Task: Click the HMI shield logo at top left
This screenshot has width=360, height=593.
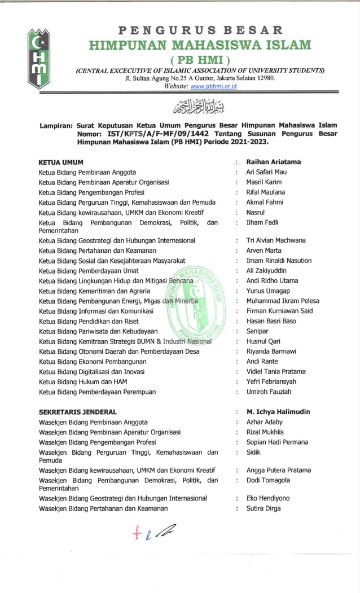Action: pyautogui.click(x=39, y=59)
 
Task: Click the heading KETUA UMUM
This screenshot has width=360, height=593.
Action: pyautogui.click(x=60, y=162)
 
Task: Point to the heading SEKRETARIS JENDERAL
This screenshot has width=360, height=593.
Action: pyautogui.click(x=77, y=412)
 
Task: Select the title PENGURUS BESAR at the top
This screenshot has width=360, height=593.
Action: pyautogui.click(x=200, y=30)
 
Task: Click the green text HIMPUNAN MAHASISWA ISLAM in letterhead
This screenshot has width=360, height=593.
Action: pyautogui.click(x=200, y=45)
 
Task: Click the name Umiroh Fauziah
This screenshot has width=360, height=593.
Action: pyautogui.click(x=269, y=392)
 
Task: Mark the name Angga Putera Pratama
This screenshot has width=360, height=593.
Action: pyautogui.click(x=278, y=470)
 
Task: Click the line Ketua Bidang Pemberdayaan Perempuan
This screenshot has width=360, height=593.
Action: pyautogui.click(x=96, y=392)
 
